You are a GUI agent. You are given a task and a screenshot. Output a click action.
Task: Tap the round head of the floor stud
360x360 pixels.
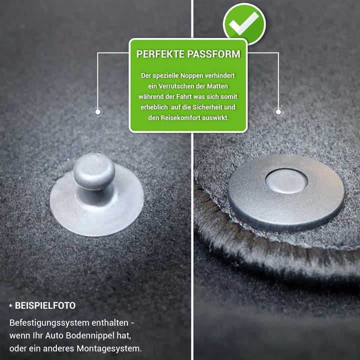pos(94,170)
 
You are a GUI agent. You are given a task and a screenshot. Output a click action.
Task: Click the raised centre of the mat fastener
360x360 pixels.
pos(286,181)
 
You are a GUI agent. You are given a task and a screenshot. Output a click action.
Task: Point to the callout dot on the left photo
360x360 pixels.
pos(98,112)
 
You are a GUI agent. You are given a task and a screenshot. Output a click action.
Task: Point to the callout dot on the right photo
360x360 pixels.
pos(278,112)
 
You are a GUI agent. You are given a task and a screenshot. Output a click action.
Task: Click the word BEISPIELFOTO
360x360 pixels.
pos(45,305)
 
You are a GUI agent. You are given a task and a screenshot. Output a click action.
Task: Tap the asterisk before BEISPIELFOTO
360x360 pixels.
pos(11,305)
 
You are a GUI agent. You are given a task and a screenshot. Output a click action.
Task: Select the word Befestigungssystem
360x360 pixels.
pos(49,323)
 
